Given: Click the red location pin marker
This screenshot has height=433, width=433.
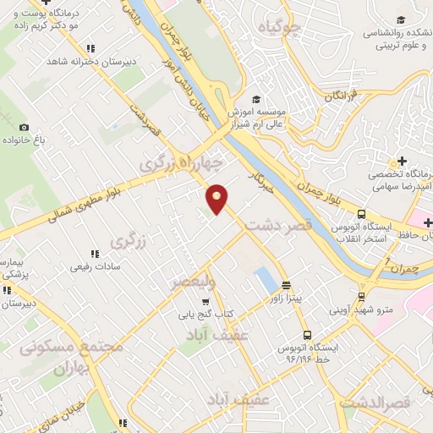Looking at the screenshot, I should point(217,199).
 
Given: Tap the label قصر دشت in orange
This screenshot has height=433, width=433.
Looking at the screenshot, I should point(279,227).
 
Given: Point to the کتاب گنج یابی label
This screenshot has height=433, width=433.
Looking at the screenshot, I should point(204,315).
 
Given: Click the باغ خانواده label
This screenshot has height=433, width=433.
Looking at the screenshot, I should point(39,138).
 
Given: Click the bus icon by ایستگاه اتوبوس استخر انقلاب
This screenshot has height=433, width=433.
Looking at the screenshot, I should point(361,215).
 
